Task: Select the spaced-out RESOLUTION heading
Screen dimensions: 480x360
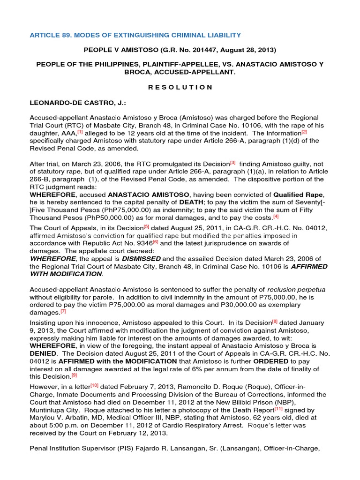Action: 180,87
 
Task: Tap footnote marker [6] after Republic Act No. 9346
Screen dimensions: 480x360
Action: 156,242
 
